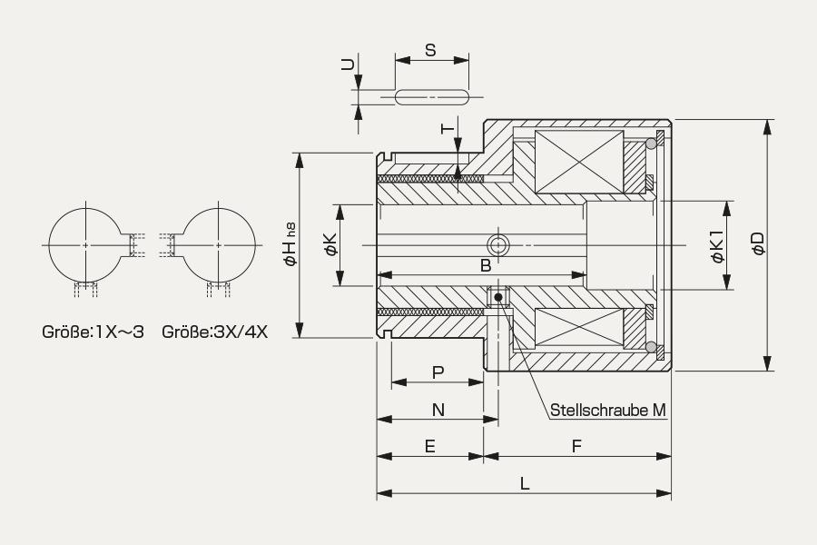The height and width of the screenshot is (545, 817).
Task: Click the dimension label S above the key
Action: tap(430, 50)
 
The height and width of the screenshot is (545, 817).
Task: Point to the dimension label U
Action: tap(348, 64)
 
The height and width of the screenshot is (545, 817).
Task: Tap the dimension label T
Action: tap(448, 128)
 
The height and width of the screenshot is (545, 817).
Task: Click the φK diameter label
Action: tap(331, 244)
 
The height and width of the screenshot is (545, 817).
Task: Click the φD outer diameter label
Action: tap(759, 243)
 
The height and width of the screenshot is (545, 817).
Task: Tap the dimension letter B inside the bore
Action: tap(485, 265)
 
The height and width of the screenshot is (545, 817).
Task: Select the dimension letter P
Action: tap(438, 372)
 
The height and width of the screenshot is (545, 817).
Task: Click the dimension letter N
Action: tap(438, 410)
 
